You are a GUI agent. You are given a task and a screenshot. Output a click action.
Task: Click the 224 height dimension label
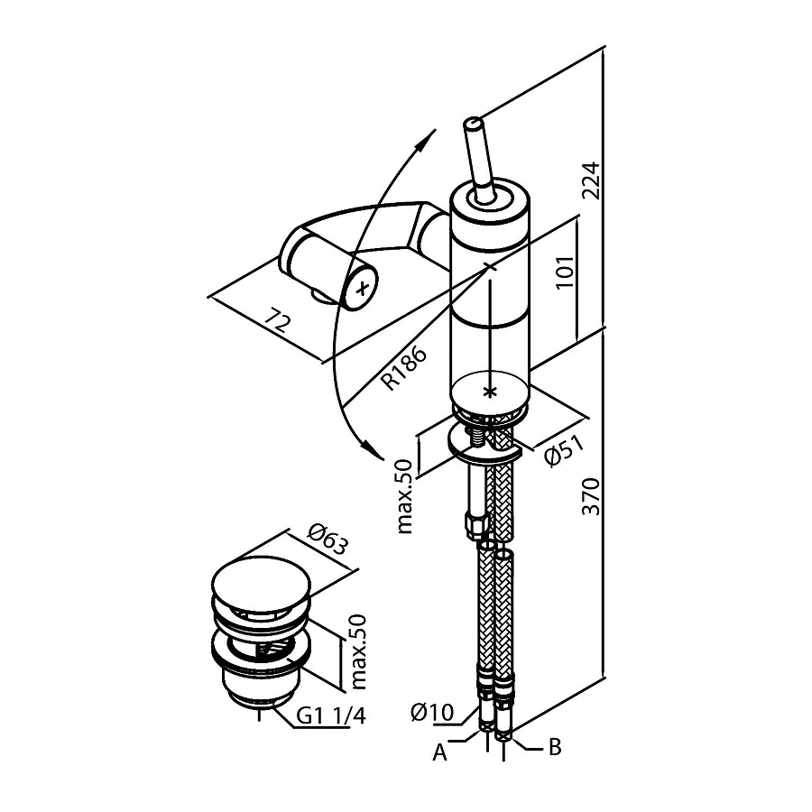[x=591, y=180]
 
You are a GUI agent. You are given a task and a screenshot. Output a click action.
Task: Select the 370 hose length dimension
[x=591, y=496]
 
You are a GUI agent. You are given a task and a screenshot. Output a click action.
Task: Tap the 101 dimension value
[x=566, y=272]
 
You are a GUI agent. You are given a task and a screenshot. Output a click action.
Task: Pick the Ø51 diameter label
[x=565, y=450]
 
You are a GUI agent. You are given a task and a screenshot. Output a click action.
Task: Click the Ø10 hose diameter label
[x=432, y=713]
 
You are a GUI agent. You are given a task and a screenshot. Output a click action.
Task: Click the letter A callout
[x=439, y=752]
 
